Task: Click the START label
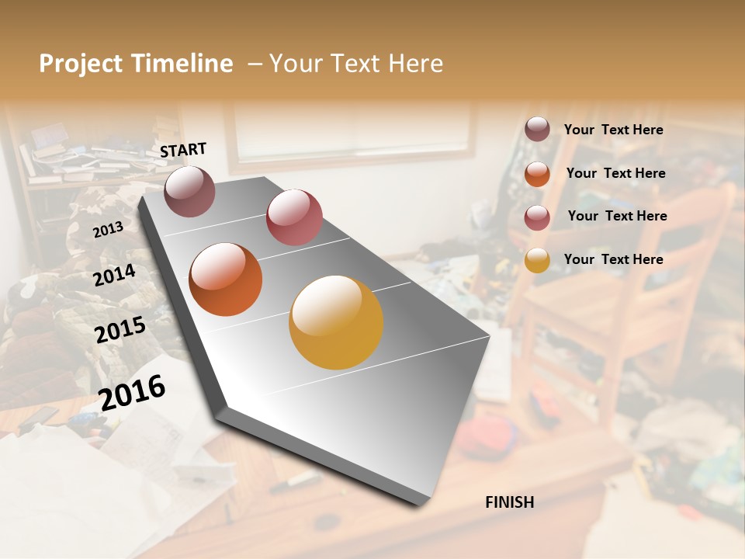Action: pyautogui.click(x=183, y=150)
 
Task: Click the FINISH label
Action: pyautogui.click(x=509, y=502)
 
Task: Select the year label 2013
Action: pyautogui.click(x=108, y=230)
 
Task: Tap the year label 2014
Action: pyautogui.click(x=115, y=275)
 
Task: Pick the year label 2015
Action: pyautogui.click(x=120, y=330)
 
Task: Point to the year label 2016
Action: pyautogui.click(x=133, y=392)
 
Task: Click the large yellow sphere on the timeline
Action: pyautogui.click(x=336, y=322)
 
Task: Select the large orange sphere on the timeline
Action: pyautogui.click(x=225, y=279)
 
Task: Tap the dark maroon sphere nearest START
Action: pyautogui.click(x=189, y=191)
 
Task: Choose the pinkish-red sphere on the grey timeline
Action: pyautogui.click(x=294, y=217)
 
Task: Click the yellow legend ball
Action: pyautogui.click(x=537, y=260)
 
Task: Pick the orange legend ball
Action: pyautogui.click(x=537, y=174)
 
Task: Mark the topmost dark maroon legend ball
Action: pyautogui.click(x=537, y=129)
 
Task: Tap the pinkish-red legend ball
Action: pyautogui.click(x=537, y=217)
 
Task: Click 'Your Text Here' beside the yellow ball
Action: pyautogui.click(x=613, y=259)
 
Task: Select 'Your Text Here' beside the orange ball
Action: pyautogui.click(x=615, y=173)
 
